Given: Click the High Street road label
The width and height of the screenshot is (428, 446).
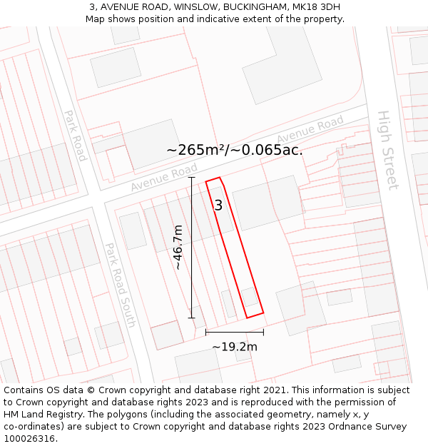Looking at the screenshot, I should coord(387,150).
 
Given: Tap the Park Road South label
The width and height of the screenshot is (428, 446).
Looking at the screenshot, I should coord(120,284).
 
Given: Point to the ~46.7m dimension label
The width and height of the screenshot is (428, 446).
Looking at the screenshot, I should coord(178,247).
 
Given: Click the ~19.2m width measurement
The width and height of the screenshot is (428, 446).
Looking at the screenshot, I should coord(234,347).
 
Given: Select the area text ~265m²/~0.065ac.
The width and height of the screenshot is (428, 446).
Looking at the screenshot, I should coord(234,150).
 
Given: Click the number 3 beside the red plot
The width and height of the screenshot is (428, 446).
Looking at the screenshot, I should coord(218,206).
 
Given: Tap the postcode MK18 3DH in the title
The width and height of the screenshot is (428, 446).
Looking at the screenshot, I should coord(316,7).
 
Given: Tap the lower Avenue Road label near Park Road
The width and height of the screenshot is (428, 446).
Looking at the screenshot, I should coord(164,178).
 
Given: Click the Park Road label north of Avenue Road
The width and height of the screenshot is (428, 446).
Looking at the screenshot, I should coord(74,135).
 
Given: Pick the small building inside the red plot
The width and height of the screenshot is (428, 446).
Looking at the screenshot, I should coord(250,296).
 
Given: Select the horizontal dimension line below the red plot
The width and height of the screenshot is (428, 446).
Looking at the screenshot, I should coord(234,332).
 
